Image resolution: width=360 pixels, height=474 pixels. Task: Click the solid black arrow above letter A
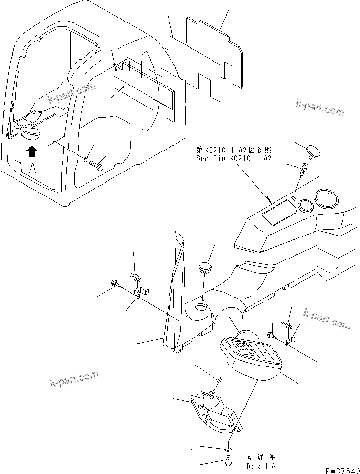[x=31, y=151]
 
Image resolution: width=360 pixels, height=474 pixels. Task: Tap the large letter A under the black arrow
[x=32, y=169]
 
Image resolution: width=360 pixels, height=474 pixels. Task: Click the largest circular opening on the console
[x=325, y=199]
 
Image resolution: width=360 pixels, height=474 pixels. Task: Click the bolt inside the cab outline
[x=98, y=167]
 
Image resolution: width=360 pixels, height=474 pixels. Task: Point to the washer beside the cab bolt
[x=85, y=159]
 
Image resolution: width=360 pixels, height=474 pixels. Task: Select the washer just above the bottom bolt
[x=229, y=449]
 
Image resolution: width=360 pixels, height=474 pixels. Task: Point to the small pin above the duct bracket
[x=220, y=380]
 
